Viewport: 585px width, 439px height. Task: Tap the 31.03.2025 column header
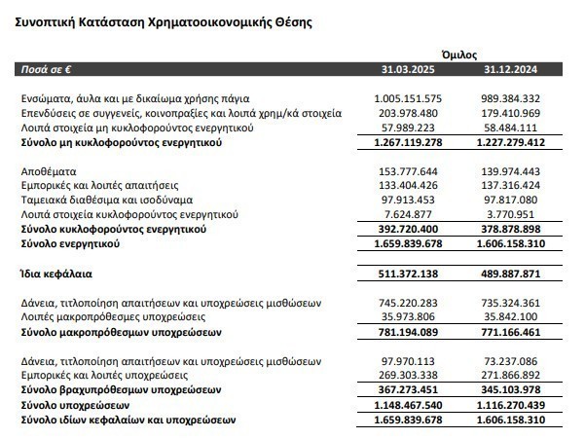point(408,70)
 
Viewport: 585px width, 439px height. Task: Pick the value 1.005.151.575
point(408,99)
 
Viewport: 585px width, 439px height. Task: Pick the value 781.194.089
point(408,332)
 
